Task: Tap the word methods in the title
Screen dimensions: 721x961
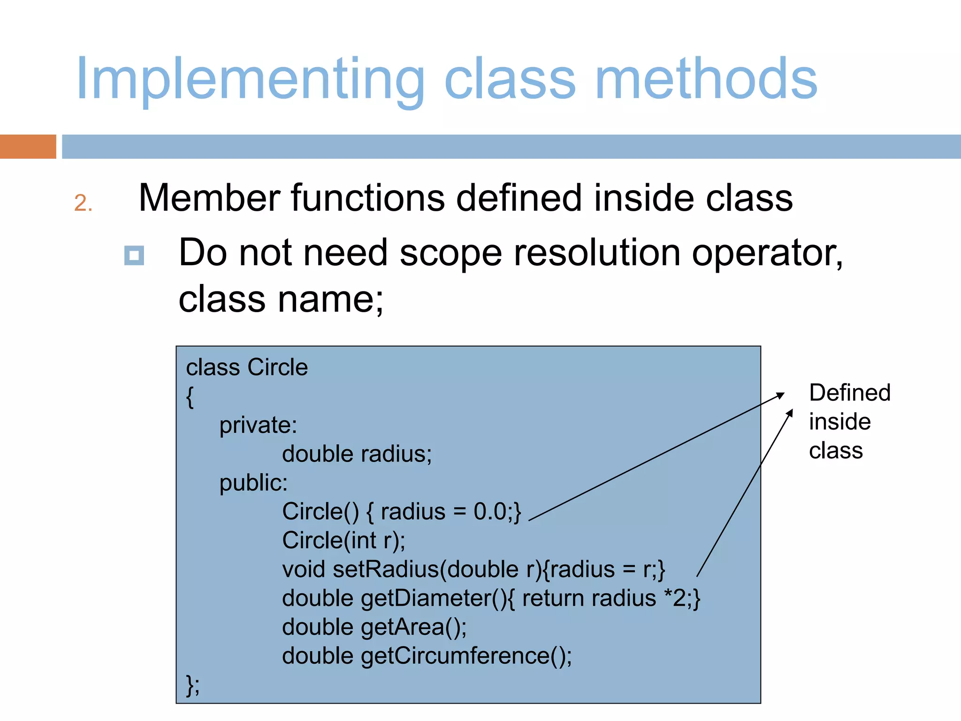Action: click(x=706, y=79)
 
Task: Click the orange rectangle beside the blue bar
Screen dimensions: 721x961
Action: click(x=28, y=146)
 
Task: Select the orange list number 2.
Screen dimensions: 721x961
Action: click(x=83, y=203)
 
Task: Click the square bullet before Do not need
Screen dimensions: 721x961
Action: click(x=134, y=256)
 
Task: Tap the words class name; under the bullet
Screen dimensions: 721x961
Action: click(x=281, y=299)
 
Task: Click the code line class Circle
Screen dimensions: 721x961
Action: click(x=247, y=367)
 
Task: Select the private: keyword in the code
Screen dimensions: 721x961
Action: click(x=258, y=425)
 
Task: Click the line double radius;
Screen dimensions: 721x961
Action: click(x=357, y=454)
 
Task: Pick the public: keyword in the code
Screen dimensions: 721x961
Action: click(x=253, y=483)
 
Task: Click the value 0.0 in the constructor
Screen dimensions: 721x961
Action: click(x=489, y=512)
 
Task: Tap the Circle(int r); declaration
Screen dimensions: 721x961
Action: click(x=343, y=540)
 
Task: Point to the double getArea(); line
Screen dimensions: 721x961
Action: click(x=374, y=627)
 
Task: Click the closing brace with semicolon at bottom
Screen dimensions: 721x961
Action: click(x=192, y=685)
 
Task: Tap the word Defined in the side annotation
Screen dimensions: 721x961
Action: click(x=849, y=392)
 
